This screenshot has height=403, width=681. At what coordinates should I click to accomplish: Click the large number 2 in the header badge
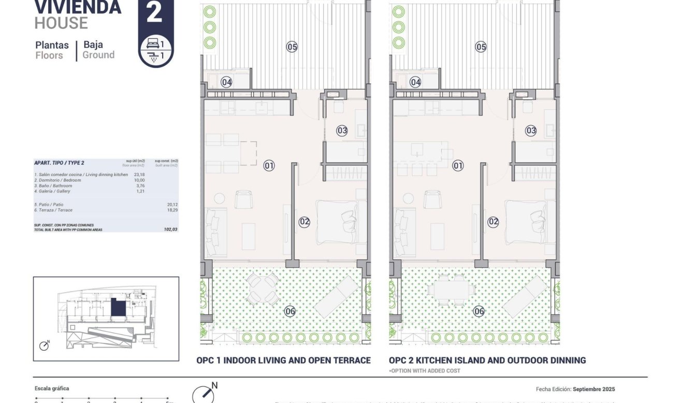click(154, 12)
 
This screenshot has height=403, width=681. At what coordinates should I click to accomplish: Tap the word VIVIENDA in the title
click(78, 7)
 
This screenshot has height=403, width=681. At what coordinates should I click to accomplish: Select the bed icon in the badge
click(152, 44)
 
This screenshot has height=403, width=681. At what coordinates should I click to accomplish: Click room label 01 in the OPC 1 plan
click(269, 166)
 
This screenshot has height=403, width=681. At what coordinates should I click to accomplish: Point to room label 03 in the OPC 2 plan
click(531, 131)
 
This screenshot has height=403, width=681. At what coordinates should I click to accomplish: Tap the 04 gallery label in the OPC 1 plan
click(226, 82)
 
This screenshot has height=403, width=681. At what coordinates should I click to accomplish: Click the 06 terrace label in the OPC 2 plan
click(479, 311)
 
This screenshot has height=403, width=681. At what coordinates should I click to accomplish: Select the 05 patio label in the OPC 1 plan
click(292, 47)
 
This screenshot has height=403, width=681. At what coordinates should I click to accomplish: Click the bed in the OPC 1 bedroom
click(337, 222)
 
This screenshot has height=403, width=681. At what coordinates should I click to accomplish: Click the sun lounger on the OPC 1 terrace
click(336, 296)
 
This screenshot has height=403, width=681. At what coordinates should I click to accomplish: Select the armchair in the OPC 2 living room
click(431, 199)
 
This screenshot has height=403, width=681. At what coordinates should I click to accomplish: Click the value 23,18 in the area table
click(139, 175)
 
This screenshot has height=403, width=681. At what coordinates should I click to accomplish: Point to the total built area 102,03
click(170, 229)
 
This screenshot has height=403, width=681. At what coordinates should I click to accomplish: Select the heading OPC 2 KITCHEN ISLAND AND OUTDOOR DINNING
click(487, 360)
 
